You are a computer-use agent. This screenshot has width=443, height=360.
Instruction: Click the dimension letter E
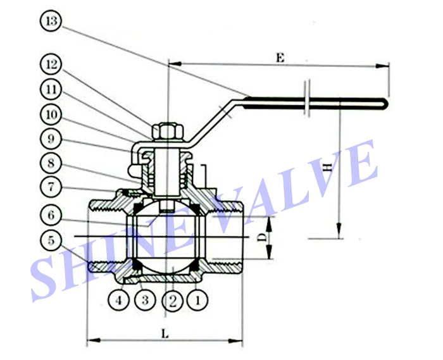[x=280, y=56]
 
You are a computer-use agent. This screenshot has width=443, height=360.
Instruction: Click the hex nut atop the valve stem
[x=167, y=131]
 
